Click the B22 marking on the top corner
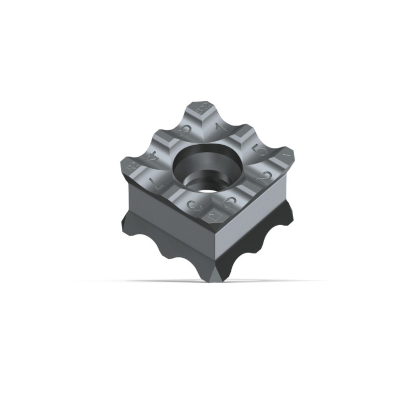point(203,110)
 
